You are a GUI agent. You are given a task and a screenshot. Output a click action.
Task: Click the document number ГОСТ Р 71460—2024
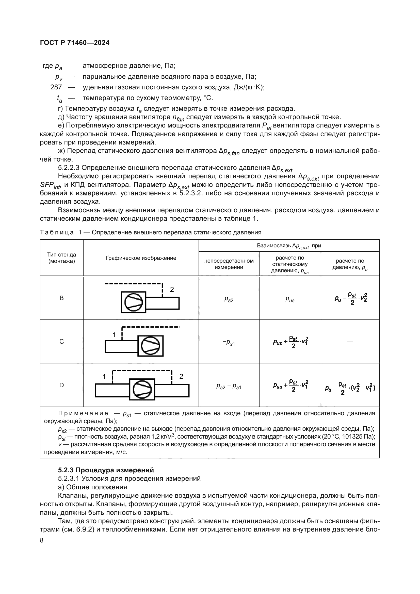[75, 43]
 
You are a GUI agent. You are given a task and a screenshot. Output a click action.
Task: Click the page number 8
[42, 540]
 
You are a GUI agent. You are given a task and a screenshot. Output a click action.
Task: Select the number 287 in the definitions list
[56, 87]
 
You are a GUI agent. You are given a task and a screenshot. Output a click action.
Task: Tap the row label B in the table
[61, 298]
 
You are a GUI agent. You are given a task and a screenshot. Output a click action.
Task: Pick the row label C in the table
[61, 342]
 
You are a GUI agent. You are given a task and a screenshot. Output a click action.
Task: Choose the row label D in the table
[61, 385]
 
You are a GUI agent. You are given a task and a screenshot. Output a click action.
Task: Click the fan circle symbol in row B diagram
[134, 302]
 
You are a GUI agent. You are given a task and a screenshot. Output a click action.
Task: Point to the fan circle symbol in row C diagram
[150, 346]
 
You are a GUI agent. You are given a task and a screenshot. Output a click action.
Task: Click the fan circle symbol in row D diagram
[142, 390]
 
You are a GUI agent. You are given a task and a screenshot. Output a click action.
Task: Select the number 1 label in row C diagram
[114, 335]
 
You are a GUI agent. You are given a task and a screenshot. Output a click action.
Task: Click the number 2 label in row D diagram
[181, 376]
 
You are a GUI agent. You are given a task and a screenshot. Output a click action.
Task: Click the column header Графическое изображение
[141, 258]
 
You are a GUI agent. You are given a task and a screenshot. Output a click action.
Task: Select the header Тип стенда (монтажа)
[61, 258]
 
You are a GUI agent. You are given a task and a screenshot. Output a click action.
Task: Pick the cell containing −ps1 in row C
[229, 343]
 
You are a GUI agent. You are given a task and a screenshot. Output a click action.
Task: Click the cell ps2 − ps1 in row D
[229, 387]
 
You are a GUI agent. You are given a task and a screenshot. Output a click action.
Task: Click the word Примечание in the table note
[83, 413]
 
